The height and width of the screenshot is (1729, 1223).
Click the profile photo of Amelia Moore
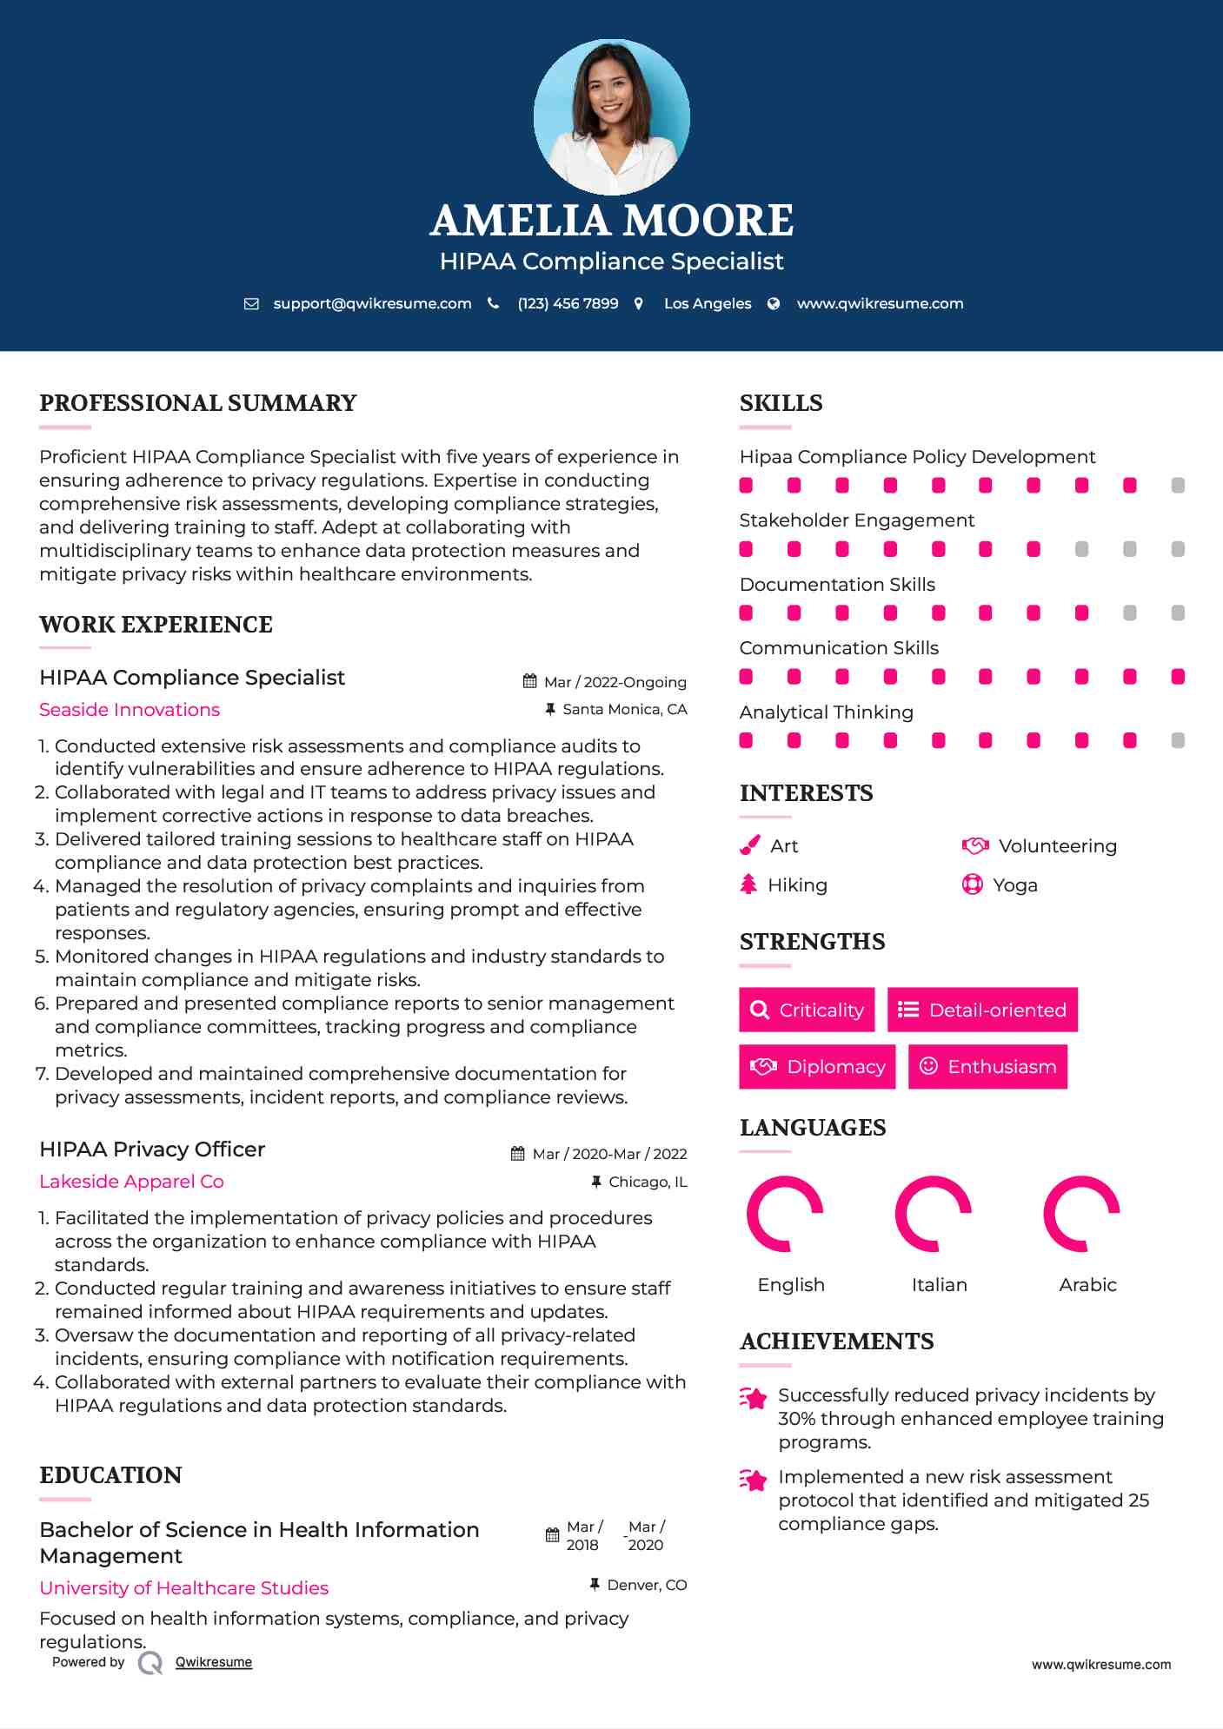click(x=611, y=116)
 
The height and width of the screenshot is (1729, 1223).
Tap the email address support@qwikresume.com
click(x=372, y=303)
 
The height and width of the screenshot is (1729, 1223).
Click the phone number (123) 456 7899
click(x=568, y=303)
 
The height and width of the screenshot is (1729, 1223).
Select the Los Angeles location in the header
click(x=707, y=303)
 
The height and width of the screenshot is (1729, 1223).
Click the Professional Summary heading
click(x=198, y=403)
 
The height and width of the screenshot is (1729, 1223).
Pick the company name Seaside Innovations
click(x=130, y=710)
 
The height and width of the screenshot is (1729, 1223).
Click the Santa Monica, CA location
click(x=624, y=709)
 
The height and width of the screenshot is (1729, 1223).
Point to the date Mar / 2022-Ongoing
click(x=615, y=682)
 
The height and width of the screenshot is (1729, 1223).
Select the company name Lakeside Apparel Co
click(x=131, y=1182)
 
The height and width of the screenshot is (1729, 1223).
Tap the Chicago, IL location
click(x=648, y=1182)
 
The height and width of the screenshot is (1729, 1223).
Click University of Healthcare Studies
click(x=184, y=1587)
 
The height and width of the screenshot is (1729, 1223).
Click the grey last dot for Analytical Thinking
click(x=1177, y=740)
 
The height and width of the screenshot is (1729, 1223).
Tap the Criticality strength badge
click(x=807, y=1010)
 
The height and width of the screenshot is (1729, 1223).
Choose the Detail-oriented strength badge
click(x=982, y=1010)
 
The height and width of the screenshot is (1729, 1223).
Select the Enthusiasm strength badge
click(x=987, y=1066)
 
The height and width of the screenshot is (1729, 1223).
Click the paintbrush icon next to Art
click(x=749, y=845)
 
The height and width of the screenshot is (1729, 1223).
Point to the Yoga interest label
click(x=1015, y=884)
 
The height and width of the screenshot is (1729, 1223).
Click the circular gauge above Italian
click(x=933, y=1214)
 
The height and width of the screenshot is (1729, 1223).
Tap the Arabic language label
click(x=1087, y=1284)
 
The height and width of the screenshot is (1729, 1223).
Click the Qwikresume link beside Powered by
click(x=214, y=1661)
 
